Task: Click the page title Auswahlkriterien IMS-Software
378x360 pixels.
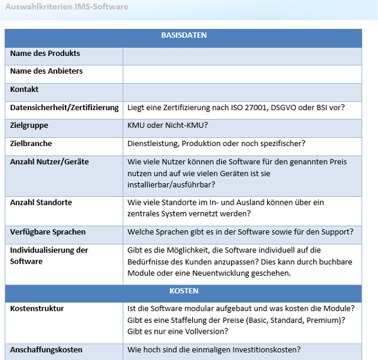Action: (66, 7)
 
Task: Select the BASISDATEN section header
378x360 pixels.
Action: (183, 36)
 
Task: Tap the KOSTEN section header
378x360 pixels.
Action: (183, 291)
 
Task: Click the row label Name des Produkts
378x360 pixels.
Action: (45, 54)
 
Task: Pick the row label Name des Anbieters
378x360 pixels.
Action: (46, 72)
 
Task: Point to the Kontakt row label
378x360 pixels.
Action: (24, 90)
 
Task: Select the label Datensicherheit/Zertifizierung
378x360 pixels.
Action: (64, 108)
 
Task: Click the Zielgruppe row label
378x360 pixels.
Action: (29, 126)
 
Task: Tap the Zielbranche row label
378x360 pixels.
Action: (31, 144)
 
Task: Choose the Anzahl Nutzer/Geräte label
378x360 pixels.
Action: (49, 162)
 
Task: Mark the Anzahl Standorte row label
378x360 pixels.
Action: (41, 203)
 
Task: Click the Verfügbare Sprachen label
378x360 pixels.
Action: (48, 232)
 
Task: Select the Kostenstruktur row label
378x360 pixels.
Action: (37, 309)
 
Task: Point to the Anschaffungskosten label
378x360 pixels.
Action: (46, 350)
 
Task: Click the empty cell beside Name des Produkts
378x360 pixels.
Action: (243, 55)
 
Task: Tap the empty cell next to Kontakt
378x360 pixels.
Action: (243, 91)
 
